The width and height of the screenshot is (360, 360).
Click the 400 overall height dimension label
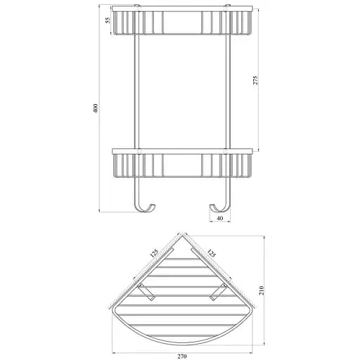pos(96,108)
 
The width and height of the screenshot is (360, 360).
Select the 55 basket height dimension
pos(108,20)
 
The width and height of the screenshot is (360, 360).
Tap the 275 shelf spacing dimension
pos(255,80)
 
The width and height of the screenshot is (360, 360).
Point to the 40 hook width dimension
pos(220,218)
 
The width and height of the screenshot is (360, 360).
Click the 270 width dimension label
pos(182,356)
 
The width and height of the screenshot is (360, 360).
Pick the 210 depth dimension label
pos(262,290)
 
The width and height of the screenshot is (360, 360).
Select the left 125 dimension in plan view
pos(154,254)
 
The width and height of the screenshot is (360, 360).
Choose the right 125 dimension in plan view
pos(211,253)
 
